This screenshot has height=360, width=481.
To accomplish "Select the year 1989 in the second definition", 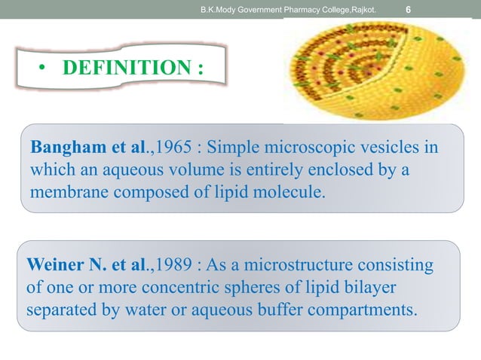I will tap(164, 265).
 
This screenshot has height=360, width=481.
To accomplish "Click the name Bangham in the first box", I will tap(66, 146).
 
